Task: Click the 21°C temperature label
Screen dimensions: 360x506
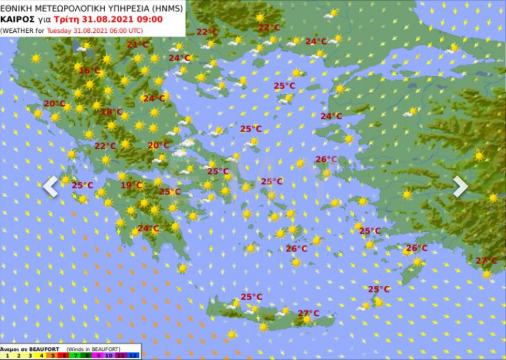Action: (x=137, y=44)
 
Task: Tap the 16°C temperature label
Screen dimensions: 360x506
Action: (x=89, y=71)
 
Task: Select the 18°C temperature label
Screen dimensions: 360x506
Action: (x=112, y=112)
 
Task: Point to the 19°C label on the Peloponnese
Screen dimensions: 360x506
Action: (x=131, y=185)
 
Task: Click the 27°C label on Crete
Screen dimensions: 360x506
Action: (x=308, y=313)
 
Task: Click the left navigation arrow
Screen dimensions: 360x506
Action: (x=51, y=186)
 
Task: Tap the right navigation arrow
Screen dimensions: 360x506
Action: (x=460, y=186)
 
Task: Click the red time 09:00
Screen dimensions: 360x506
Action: (x=151, y=19)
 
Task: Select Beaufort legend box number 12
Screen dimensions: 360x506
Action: (x=135, y=356)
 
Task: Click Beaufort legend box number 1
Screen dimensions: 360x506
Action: (x=5, y=356)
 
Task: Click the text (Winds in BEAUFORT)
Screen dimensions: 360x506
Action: (x=93, y=349)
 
